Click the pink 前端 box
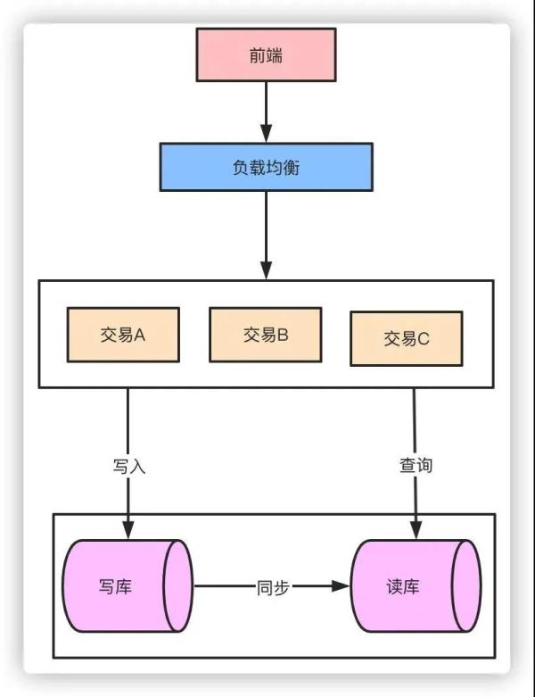(266, 54)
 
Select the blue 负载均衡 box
(266, 167)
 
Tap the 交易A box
(123, 335)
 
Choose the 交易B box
(266, 335)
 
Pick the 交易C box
(407, 339)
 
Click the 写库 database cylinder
(128, 585)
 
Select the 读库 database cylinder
(416, 585)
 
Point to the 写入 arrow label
(128, 467)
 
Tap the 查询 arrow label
(416, 465)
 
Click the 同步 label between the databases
(273, 587)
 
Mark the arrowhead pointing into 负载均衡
(266, 133)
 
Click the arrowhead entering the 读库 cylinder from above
(416, 530)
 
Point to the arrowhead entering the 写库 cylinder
(128, 530)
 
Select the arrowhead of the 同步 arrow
(341, 585)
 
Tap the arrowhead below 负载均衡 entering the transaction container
(266, 270)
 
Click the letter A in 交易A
(139, 335)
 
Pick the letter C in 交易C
(423, 339)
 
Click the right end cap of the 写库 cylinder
(178, 585)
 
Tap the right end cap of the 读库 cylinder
(466, 585)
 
